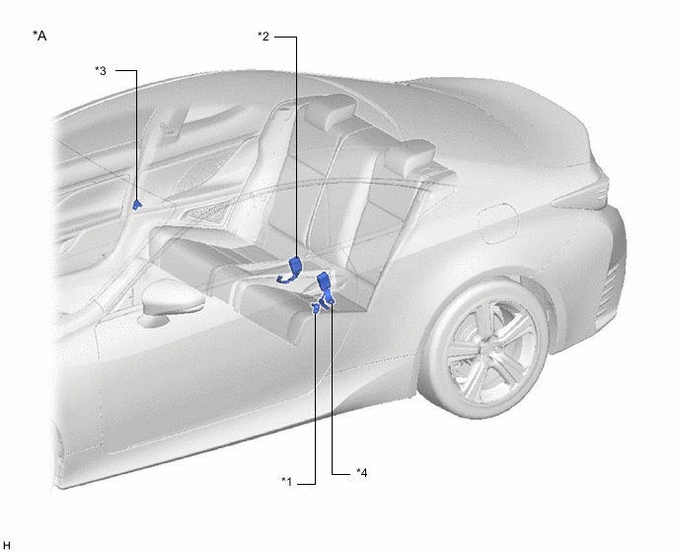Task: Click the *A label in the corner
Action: (x=39, y=36)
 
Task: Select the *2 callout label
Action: (x=264, y=37)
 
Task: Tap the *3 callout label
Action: (x=101, y=71)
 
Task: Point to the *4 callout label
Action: (x=361, y=472)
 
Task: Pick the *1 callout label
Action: (x=286, y=482)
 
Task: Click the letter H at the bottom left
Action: (x=7, y=546)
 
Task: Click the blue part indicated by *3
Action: (x=137, y=204)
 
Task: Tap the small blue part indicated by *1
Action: (x=316, y=308)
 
